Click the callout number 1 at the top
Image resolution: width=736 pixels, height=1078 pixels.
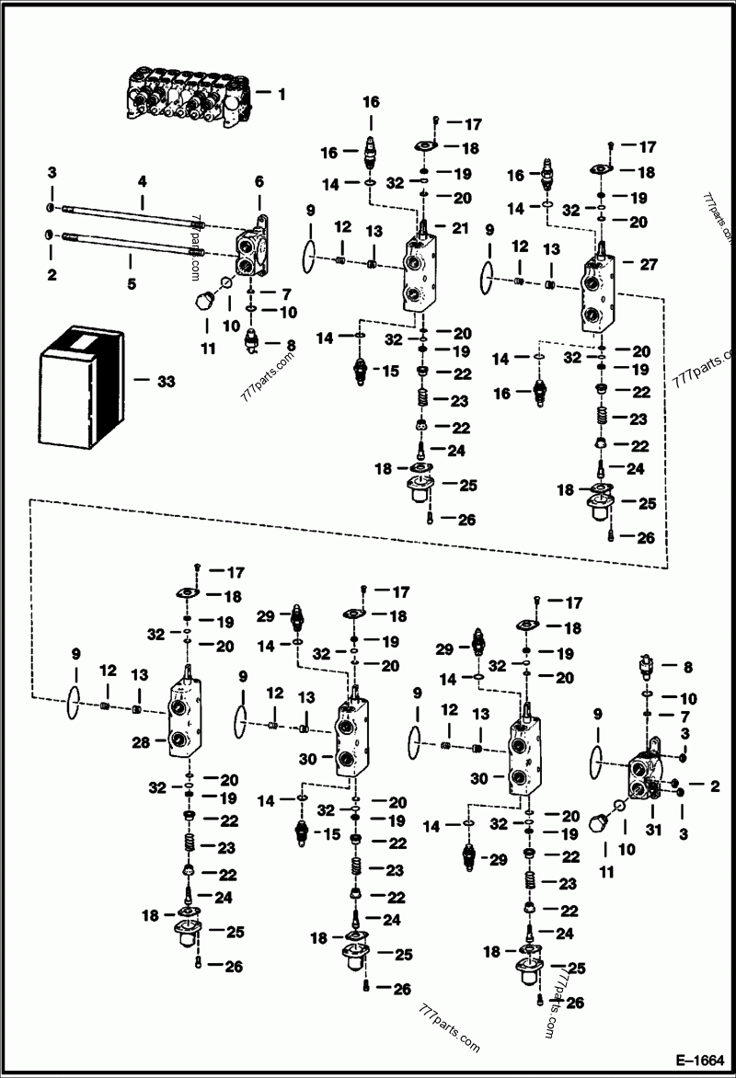point(282,93)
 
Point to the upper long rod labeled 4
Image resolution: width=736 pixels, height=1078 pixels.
point(129,218)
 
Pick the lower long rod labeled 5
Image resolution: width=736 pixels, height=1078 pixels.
point(129,247)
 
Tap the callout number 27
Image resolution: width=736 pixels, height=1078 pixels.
point(649,263)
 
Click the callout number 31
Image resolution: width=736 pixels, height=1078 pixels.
point(655,808)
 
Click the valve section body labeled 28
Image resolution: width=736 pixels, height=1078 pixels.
point(185,720)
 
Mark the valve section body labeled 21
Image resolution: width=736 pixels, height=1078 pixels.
point(423,274)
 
